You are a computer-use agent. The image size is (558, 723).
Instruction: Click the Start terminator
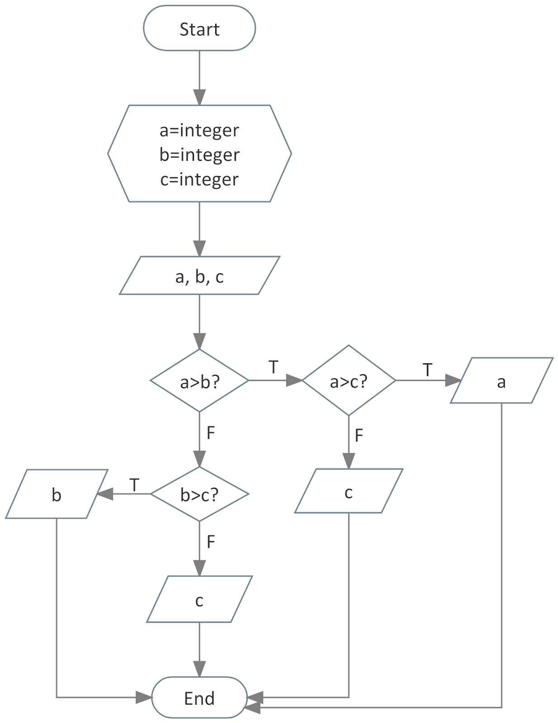tap(199, 29)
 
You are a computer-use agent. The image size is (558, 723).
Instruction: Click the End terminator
tap(199, 698)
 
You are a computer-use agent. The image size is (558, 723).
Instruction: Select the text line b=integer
tap(199, 155)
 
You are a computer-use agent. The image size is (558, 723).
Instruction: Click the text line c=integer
tap(199, 179)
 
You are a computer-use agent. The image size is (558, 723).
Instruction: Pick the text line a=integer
tap(199, 130)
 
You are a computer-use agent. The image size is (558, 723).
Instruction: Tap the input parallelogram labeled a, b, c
tap(199, 276)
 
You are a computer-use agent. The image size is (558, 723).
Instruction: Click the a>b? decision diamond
tap(199, 381)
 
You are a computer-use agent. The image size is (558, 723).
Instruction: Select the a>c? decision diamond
tap(349, 381)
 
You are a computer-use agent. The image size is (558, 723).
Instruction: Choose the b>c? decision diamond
tap(199, 494)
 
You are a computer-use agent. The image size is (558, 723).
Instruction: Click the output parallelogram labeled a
tap(501, 381)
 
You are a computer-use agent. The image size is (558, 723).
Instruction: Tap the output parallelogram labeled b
tap(57, 494)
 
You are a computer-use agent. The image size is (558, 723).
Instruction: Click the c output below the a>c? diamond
tap(349, 491)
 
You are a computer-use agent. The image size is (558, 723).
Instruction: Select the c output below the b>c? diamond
tap(199, 600)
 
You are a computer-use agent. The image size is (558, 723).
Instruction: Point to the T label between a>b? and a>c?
tap(273, 367)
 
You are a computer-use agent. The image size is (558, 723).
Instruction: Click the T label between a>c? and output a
tap(427, 370)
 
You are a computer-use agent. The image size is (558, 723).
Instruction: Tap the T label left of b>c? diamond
tap(134, 485)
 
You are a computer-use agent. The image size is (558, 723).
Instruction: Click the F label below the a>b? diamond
tap(211, 433)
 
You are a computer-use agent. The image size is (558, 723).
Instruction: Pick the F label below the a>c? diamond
tap(359, 436)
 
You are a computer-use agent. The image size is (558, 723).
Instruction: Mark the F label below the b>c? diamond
tap(211, 541)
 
